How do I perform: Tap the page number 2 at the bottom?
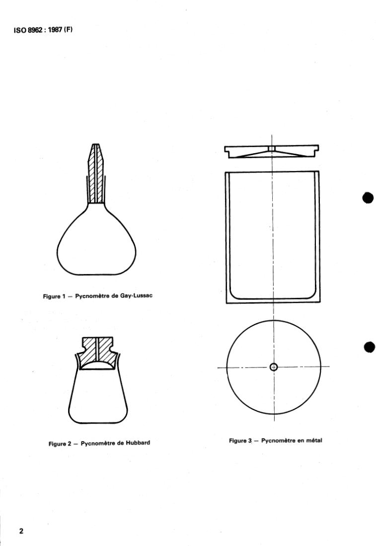(21, 531)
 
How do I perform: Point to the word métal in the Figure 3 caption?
(312, 440)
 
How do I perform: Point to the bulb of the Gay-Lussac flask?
(96, 244)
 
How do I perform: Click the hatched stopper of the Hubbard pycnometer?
(97, 351)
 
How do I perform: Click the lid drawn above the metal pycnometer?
(272, 151)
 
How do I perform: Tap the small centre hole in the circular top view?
(273, 367)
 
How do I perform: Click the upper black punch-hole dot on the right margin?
(368, 197)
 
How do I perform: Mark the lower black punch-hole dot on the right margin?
(369, 347)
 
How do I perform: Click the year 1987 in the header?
(54, 29)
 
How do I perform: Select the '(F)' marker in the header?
(68, 29)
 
